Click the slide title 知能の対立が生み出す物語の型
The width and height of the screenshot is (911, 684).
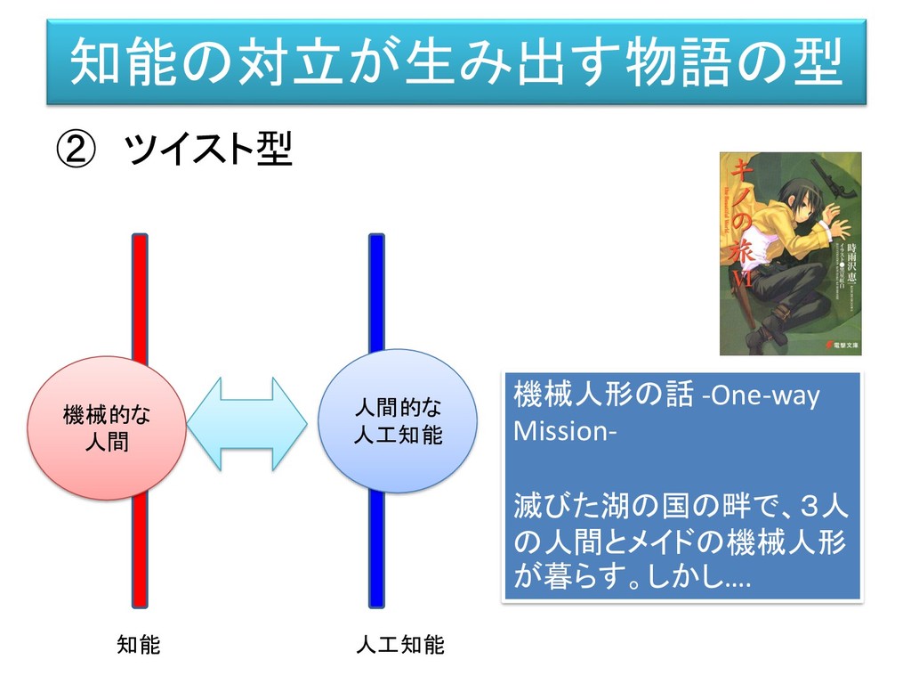point(455,61)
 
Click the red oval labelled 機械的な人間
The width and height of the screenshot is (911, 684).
point(107,427)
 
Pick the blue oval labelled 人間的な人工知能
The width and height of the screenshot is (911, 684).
point(398,421)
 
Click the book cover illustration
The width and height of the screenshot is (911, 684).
point(790,254)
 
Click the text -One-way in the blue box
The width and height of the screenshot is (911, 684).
point(761,395)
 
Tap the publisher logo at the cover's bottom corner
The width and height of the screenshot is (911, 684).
point(842,343)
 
